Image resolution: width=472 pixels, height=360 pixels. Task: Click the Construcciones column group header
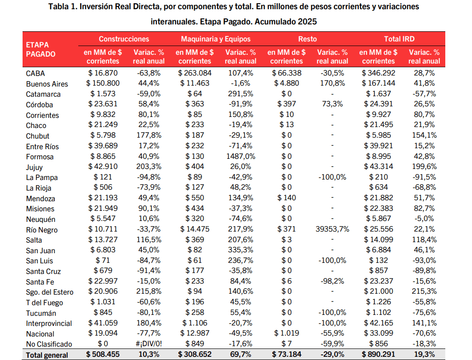pyautogui.click(x=124, y=39)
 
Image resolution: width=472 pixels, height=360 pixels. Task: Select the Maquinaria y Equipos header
pyautogui.click(x=216, y=39)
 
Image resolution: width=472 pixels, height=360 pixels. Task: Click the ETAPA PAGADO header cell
pyautogui.click(x=41, y=50)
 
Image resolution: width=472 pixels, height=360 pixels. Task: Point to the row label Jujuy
pyautogui.click(x=35, y=167)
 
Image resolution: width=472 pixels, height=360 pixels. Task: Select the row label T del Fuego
pyautogui.click(x=45, y=302)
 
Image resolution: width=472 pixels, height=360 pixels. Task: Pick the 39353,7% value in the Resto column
pyautogui.click(x=332, y=229)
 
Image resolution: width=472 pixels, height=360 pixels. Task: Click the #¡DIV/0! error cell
pyautogui.click(x=148, y=344)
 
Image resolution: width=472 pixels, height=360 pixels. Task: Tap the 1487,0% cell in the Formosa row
pyautogui.click(x=240, y=157)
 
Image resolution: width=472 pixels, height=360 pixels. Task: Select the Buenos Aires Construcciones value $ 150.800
pyautogui.click(x=103, y=83)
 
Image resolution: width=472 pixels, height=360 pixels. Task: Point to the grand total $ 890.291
pyautogui.click(x=378, y=355)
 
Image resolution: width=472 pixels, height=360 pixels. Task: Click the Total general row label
pyautogui.click(x=47, y=355)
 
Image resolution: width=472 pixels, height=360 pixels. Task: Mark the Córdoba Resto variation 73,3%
pyautogui.click(x=332, y=104)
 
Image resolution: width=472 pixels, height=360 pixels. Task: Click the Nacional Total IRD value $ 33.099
pyautogui.click(x=378, y=333)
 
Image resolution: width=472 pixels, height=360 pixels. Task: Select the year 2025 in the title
pyautogui.click(x=307, y=22)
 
